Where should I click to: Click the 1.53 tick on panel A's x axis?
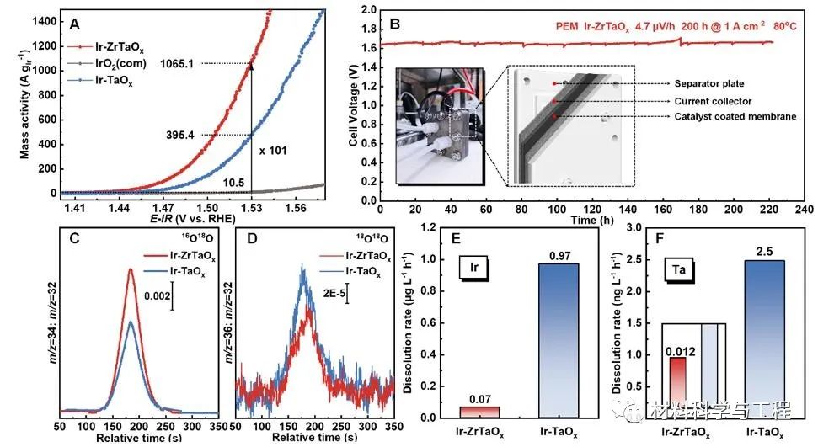click(250, 206)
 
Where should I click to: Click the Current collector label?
click(714, 101)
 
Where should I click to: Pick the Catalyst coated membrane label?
click(735, 117)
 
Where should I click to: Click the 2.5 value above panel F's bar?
click(763, 251)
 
